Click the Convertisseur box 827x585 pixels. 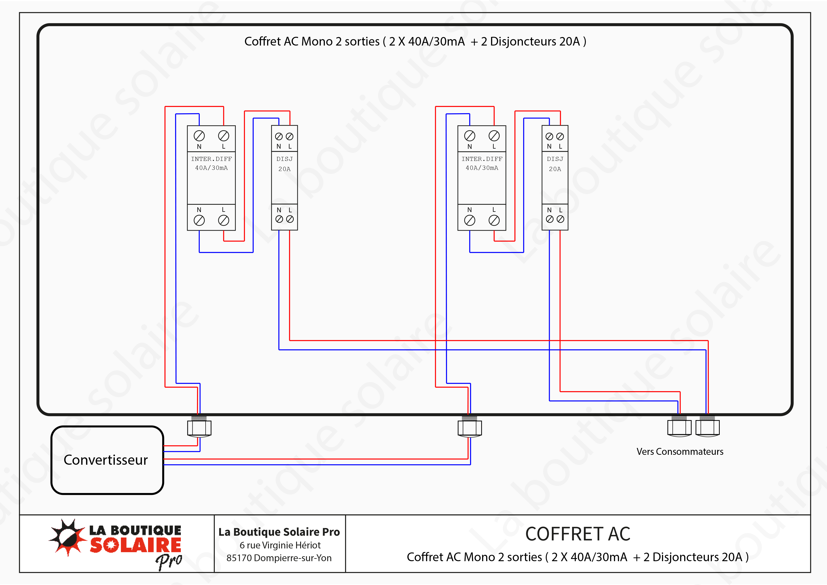pyautogui.click(x=107, y=460)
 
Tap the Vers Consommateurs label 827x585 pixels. pyautogui.click(x=680, y=452)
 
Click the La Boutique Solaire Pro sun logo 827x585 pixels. pyautogui.click(x=68, y=537)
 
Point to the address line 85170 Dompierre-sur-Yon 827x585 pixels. pyautogui.click(x=279, y=558)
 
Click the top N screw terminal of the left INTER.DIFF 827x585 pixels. pyautogui.click(x=199, y=136)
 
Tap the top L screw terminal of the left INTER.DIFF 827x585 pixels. pyautogui.click(x=224, y=136)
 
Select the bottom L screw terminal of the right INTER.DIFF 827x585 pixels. pyautogui.click(x=494, y=220)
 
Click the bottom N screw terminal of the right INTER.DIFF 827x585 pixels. pyautogui.click(x=470, y=220)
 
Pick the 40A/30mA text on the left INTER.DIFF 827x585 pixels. pyautogui.click(x=211, y=168)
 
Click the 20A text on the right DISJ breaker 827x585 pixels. pyautogui.click(x=555, y=169)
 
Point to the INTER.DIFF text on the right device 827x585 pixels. pyautogui.click(x=482, y=159)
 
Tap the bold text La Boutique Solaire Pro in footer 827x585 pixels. pyautogui.click(x=279, y=532)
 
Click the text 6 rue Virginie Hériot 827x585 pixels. pyautogui.click(x=280, y=545)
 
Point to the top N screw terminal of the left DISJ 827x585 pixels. pyautogui.click(x=279, y=137)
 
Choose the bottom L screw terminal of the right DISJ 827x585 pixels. pyautogui.click(x=560, y=219)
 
